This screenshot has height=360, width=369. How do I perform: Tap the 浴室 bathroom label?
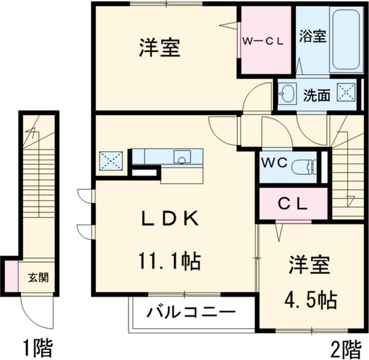click(x=312, y=36)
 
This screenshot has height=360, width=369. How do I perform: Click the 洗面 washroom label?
click(x=317, y=95)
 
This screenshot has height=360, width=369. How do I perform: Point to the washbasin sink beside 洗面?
click(x=287, y=95)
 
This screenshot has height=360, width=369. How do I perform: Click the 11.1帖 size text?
click(x=168, y=262)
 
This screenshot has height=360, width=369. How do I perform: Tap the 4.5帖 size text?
click(x=311, y=299)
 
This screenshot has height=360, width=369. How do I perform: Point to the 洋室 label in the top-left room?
click(x=159, y=48)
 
